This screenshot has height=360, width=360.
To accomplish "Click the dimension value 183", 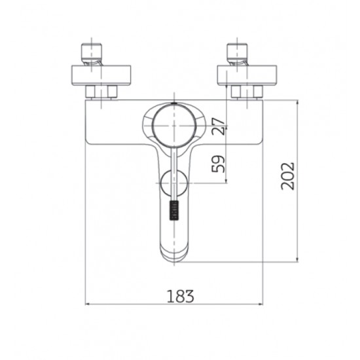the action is (x=180, y=296).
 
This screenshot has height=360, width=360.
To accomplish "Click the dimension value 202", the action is (x=287, y=176).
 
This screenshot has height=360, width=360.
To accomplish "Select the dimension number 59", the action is (x=218, y=164).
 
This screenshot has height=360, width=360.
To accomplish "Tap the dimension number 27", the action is (x=218, y=126).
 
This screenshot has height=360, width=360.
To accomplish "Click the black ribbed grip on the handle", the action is (x=174, y=211).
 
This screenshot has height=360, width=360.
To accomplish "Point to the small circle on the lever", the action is (x=174, y=183).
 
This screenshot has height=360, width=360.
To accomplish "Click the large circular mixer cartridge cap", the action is (x=174, y=126).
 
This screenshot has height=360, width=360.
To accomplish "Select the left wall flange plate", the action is (x=101, y=75).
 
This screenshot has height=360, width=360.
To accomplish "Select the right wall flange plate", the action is (x=247, y=75).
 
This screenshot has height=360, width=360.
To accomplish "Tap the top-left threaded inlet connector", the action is (x=92, y=54).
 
